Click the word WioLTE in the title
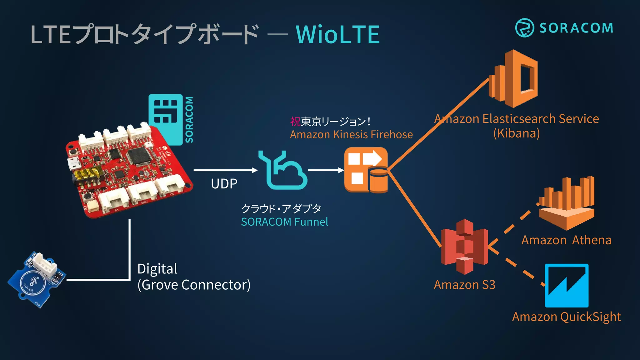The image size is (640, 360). [x=337, y=34]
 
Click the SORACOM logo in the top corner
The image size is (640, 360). [x=564, y=28]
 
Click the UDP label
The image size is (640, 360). [x=224, y=184]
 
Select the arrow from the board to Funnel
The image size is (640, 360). [x=225, y=170]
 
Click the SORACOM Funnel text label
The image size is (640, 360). [x=284, y=222]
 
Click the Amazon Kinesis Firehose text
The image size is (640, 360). [x=351, y=134]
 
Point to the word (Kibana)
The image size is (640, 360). [x=517, y=133]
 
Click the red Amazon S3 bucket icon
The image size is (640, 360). [x=464, y=247]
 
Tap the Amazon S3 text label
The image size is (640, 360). [x=464, y=285]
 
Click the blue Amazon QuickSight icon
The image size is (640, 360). [x=567, y=285]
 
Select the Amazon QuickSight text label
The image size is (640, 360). [x=566, y=317]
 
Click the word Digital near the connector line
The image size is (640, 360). [x=157, y=269]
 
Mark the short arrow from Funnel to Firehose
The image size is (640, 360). [x=326, y=170]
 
